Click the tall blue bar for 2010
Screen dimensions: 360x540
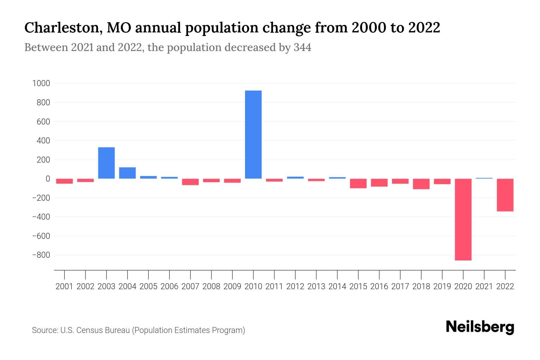pyautogui.click(x=253, y=134)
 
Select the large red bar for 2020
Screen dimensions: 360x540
pyautogui.click(x=463, y=219)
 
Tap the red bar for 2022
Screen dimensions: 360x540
pyautogui.click(x=505, y=195)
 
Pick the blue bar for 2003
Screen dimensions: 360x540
pyautogui.click(x=106, y=163)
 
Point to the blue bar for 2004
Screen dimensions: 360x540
pyautogui.click(x=127, y=173)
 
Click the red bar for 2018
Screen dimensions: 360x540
pyautogui.click(x=421, y=184)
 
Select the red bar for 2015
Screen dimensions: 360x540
pyautogui.click(x=358, y=183)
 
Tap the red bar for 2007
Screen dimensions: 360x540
pyautogui.click(x=190, y=182)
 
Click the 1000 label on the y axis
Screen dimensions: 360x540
pyautogui.click(x=41, y=83)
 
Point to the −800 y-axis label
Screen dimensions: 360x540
pyautogui.click(x=41, y=255)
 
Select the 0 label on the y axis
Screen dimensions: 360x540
pyautogui.click(x=48, y=179)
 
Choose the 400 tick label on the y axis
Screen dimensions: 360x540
pyautogui.click(x=43, y=141)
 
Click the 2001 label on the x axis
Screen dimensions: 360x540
pyautogui.click(x=64, y=286)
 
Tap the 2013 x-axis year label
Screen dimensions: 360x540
pyautogui.click(x=316, y=286)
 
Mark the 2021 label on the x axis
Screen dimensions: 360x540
pyautogui.click(x=484, y=286)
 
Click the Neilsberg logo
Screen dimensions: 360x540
pyautogui.click(x=480, y=327)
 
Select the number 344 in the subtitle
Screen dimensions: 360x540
pyautogui.click(x=302, y=48)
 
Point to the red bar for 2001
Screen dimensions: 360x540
pyautogui.click(x=64, y=181)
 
